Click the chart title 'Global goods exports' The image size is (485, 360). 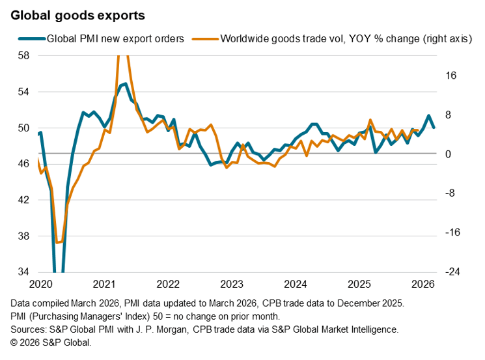77,13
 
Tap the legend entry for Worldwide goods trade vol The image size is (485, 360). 346,38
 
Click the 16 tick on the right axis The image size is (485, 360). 451,76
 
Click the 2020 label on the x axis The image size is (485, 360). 40,284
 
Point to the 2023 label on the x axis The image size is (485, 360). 232,284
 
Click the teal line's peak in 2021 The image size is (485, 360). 124,84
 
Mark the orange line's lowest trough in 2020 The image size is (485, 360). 57,242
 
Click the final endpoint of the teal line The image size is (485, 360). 434,127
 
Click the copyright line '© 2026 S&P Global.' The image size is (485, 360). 51,342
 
